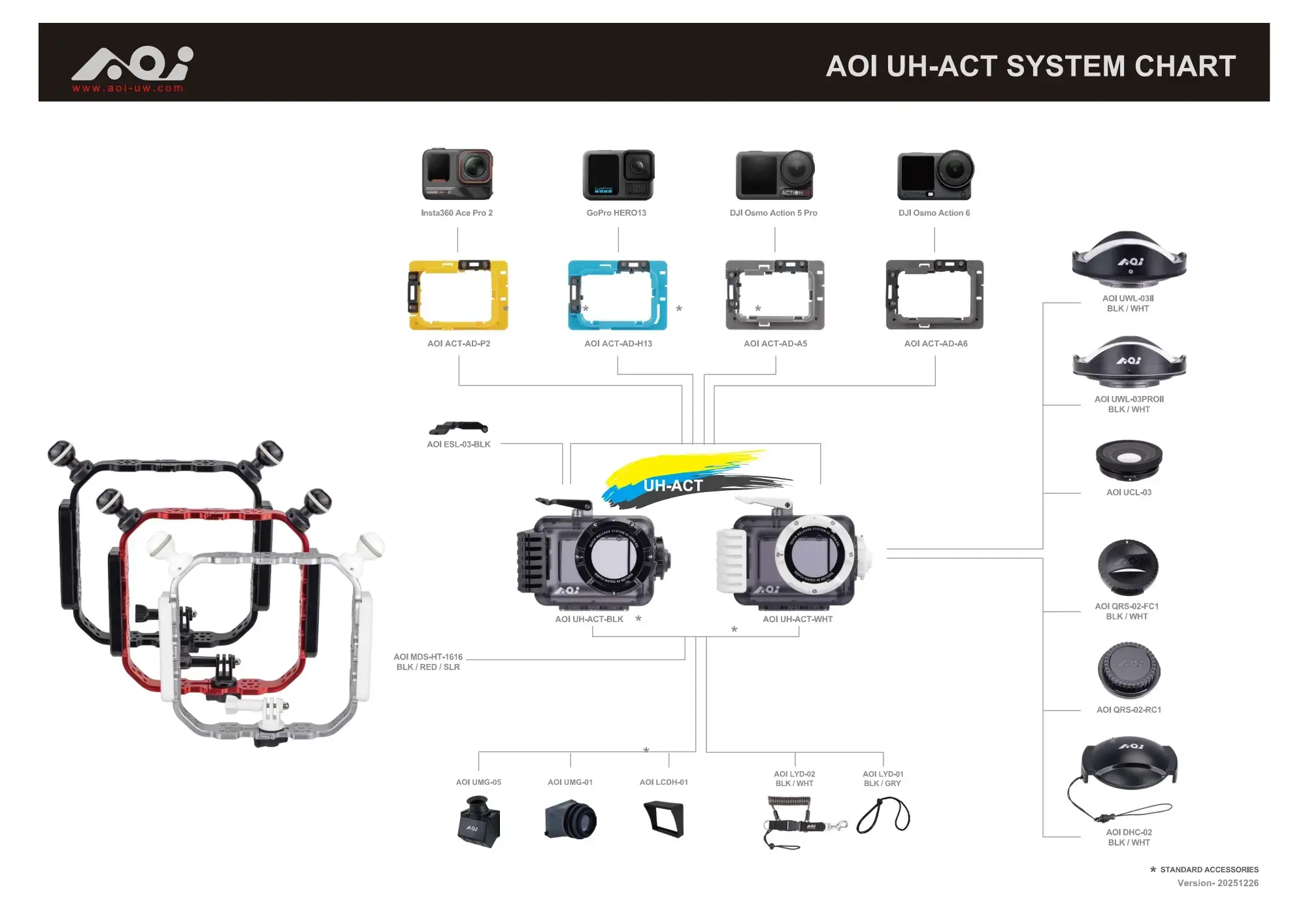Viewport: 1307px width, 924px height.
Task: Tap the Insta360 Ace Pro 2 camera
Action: point(457,174)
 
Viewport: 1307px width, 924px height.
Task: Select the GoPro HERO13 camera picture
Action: point(618,174)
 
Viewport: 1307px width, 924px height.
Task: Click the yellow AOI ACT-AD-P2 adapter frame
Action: point(458,295)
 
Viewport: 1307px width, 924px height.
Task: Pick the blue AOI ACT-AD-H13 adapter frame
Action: point(618,295)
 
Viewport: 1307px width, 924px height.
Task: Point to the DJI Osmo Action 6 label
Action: point(934,213)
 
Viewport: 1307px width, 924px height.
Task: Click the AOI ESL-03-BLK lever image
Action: point(458,428)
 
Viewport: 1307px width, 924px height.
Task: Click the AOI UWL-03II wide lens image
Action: point(1129,260)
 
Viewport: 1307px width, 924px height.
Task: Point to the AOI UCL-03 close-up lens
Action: point(1129,459)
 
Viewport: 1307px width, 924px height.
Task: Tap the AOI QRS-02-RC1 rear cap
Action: point(1129,670)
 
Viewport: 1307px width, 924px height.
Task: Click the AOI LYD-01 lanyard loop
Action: point(883,816)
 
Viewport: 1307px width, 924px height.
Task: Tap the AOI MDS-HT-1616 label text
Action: point(428,661)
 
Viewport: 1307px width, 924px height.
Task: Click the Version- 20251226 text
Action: point(1217,883)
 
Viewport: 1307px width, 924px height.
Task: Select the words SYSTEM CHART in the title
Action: point(1121,66)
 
